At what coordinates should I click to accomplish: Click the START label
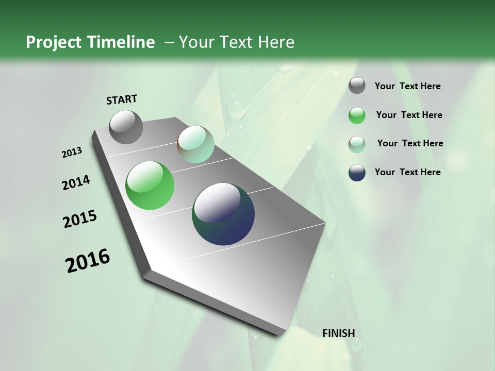point(122,99)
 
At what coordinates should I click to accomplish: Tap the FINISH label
point(338,333)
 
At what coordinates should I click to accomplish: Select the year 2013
point(72,153)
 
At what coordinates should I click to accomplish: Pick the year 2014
point(76,182)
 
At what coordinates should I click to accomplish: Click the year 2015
point(80,219)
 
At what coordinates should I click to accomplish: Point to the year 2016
point(88,261)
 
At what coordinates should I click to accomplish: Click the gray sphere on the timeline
point(126,127)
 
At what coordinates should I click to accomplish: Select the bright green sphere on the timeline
point(150,185)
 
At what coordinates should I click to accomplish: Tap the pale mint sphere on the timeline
point(195,144)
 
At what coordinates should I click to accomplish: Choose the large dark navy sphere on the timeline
point(223,214)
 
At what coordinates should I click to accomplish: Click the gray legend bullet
point(357,86)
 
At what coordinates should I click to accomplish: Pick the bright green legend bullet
point(357,115)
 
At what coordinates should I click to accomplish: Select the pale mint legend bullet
point(357,144)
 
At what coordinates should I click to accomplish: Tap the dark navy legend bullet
point(357,173)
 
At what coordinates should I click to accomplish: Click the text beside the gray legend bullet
point(407,86)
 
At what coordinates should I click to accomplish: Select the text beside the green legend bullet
point(409,115)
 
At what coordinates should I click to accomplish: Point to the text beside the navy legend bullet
point(407,172)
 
